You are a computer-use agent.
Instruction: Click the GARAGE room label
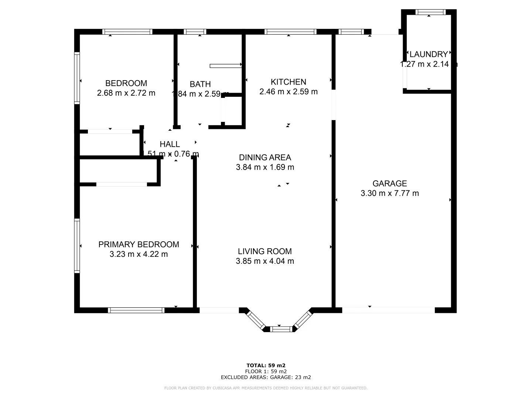pyautogui.click(x=389, y=184)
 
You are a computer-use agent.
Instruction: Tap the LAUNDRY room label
pyautogui.click(x=429, y=55)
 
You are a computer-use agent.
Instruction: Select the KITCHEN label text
pyautogui.click(x=288, y=82)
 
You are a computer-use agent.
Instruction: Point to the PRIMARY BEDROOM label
pyautogui.click(x=139, y=245)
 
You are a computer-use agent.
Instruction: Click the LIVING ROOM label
pyautogui.click(x=265, y=252)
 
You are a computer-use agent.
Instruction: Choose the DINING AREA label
pyautogui.click(x=265, y=158)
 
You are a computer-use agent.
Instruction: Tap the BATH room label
pyautogui.click(x=200, y=84)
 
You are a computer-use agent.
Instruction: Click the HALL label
pyautogui.click(x=170, y=144)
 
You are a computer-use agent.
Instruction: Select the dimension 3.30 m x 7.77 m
pyautogui.click(x=389, y=193)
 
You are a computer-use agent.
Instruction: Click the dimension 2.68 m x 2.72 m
pyautogui.click(x=126, y=93)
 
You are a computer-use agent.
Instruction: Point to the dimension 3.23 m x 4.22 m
pyautogui.click(x=139, y=254)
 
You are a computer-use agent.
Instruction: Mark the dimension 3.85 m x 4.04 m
pyautogui.click(x=265, y=261)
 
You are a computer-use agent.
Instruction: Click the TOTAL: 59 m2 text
pyautogui.click(x=266, y=365)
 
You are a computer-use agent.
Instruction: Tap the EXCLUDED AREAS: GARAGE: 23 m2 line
pyautogui.click(x=266, y=377)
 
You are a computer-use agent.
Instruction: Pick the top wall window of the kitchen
pyautogui.click(x=290, y=32)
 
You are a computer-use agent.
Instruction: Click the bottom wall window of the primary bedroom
pyautogui.click(x=136, y=310)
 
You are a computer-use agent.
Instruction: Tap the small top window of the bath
pyautogui.click(x=195, y=32)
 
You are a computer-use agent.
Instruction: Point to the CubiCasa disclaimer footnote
pyautogui.click(x=266, y=388)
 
